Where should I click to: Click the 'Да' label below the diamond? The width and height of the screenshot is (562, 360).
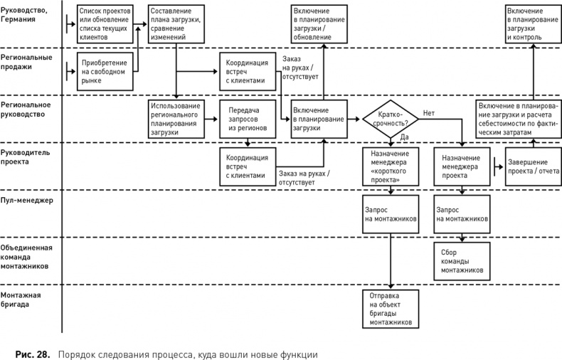click(x=403, y=137)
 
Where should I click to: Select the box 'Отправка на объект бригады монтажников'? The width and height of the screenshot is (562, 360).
click(x=390, y=307)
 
